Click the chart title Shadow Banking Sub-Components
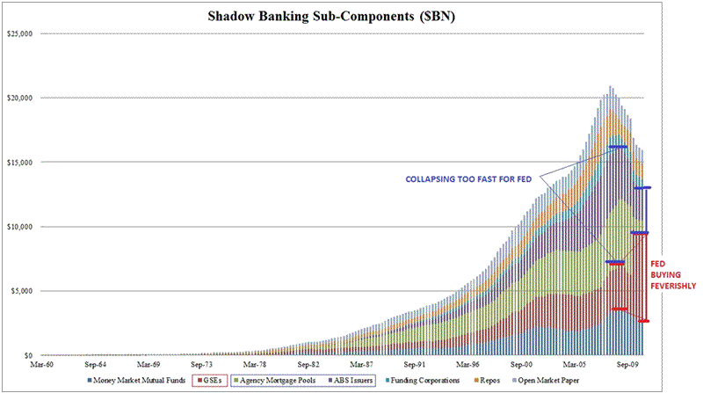click(x=351, y=16)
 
